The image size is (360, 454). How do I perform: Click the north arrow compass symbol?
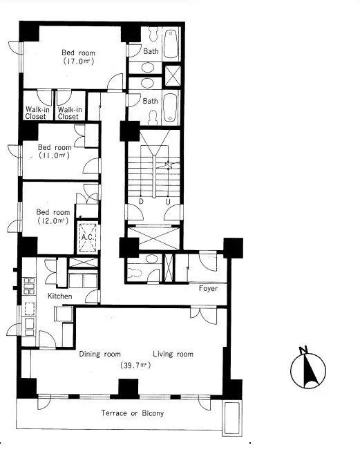[308, 368]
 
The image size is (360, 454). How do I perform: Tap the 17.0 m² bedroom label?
[79, 57]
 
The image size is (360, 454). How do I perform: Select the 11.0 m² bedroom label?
[55, 151]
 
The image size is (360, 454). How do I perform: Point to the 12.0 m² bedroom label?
[53, 216]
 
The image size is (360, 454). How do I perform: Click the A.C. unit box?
[88, 238]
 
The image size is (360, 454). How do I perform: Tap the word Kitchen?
[59, 296]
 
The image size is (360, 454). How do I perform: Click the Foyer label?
[208, 288]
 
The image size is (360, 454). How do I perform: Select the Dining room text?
[100, 354]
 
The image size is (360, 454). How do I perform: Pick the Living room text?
[173, 354]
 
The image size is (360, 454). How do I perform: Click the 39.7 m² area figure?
[135, 365]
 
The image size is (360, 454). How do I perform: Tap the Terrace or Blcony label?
[133, 413]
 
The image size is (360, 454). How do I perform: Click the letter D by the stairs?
[141, 201]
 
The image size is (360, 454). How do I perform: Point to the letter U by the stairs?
[168, 202]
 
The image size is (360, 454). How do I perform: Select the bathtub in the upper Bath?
[171, 44]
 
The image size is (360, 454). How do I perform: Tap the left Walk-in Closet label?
[37, 113]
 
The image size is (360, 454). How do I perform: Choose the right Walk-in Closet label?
[69, 113]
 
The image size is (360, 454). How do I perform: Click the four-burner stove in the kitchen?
[29, 286]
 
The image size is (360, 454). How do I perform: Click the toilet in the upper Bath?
[152, 34]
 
